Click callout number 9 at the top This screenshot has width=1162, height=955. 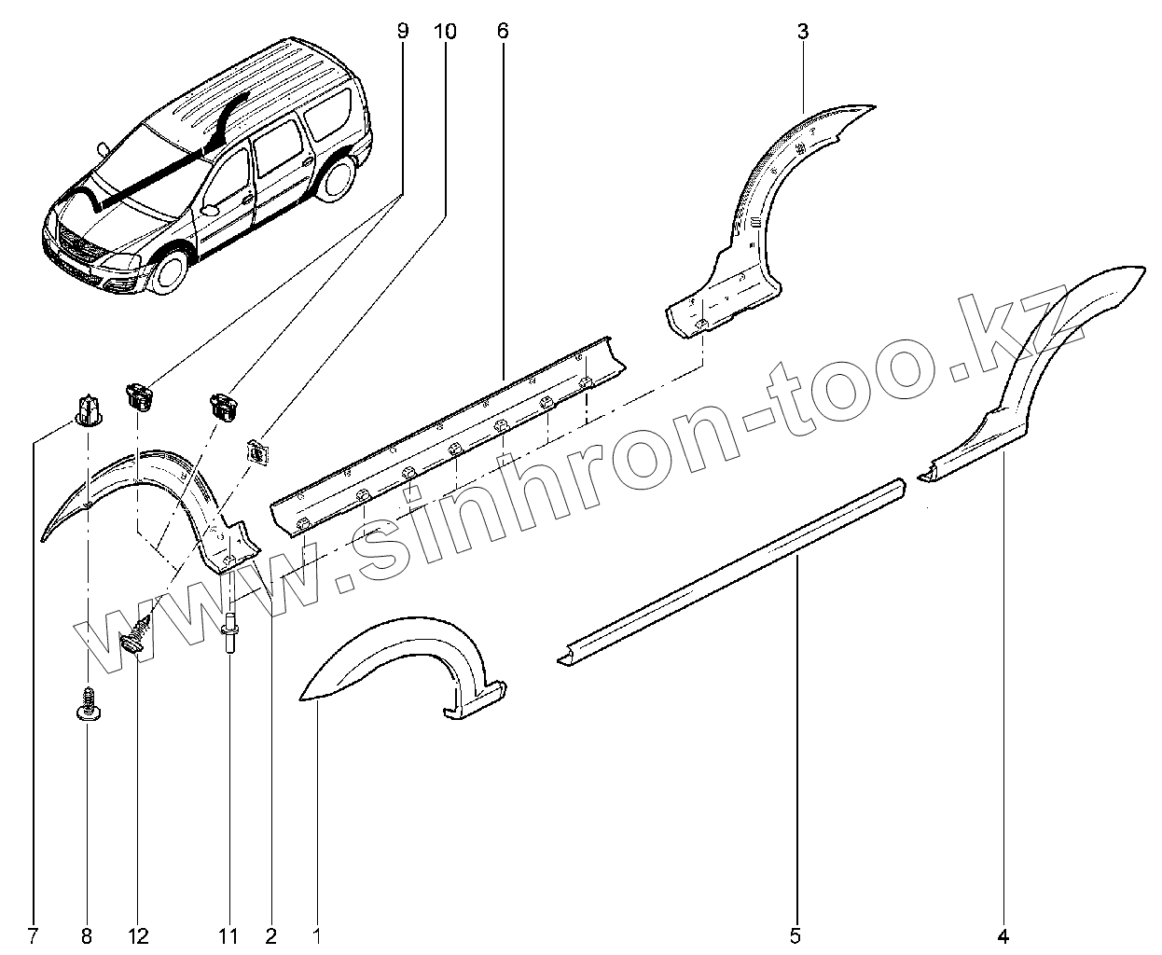[403, 31]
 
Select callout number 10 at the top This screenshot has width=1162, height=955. [445, 31]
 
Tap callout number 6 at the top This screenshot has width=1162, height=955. [503, 31]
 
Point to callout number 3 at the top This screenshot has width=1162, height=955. [803, 31]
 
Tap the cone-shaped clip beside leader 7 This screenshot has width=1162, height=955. [86, 409]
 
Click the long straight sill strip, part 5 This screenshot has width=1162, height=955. [737, 569]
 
